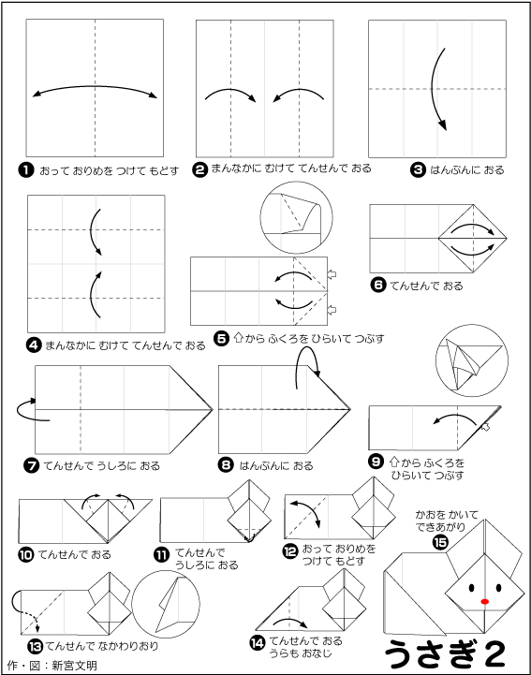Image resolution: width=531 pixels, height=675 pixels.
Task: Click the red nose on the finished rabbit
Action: [x=484, y=601]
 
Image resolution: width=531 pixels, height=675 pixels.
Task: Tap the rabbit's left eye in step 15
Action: [x=471, y=588]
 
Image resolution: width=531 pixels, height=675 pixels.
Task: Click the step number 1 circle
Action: [x=26, y=170]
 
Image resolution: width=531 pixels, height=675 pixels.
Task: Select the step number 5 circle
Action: [x=221, y=339]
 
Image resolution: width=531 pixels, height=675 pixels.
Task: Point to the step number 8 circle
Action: [x=226, y=465]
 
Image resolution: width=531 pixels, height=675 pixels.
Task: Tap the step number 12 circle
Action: [x=290, y=551]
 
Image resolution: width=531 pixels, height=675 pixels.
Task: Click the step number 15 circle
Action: [x=440, y=543]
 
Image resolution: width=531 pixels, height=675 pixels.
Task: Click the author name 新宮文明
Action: [x=74, y=666]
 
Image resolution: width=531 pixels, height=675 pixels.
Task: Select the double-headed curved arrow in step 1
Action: [x=96, y=87]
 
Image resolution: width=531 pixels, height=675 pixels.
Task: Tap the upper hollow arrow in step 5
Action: [x=332, y=274]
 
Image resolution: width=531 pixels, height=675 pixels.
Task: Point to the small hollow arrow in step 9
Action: [x=485, y=427]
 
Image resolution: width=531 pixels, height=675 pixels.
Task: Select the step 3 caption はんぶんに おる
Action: [x=466, y=170]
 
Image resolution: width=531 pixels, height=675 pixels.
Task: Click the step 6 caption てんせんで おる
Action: [x=426, y=286]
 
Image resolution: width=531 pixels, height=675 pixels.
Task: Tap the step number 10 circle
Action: [x=26, y=554]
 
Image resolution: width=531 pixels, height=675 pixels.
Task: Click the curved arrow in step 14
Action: [x=290, y=622]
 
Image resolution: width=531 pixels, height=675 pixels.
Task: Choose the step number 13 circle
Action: [x=35, y=646]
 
